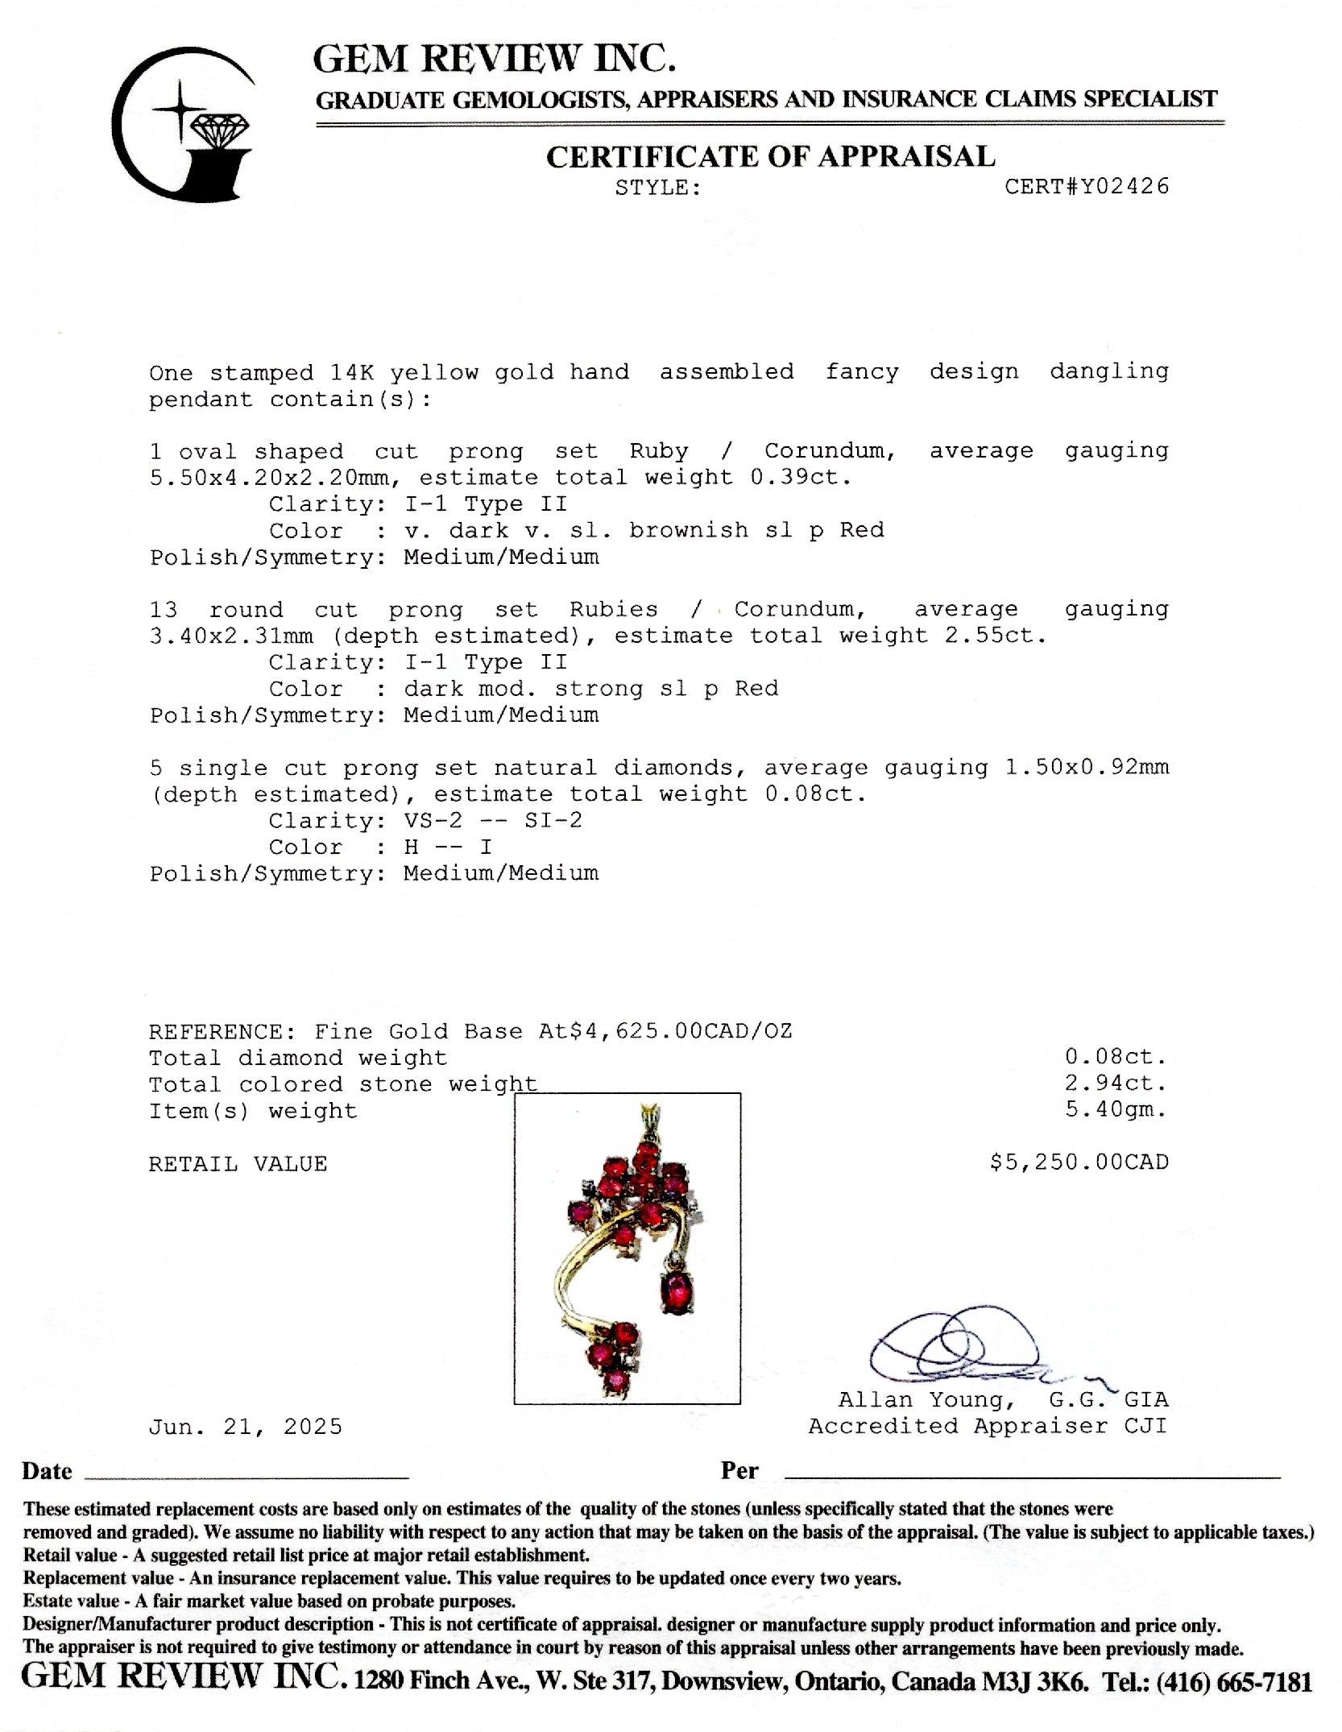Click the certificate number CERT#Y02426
pos(1086,187)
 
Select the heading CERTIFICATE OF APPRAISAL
pos(770,156)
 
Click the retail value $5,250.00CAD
pos(1079,1162)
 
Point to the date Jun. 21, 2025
pos(246,1427)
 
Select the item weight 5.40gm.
pos(1116,1109)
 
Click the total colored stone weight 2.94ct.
pos(1116,1083)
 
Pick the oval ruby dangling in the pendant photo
pos(677,1292)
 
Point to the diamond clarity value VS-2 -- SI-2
pos(493,820)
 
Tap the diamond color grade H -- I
pos(448,847)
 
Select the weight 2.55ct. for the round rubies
pos(996,636)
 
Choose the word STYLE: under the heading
pos(658,188)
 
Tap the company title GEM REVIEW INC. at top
pos(494,58)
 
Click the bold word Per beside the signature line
pos(739,1470)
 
